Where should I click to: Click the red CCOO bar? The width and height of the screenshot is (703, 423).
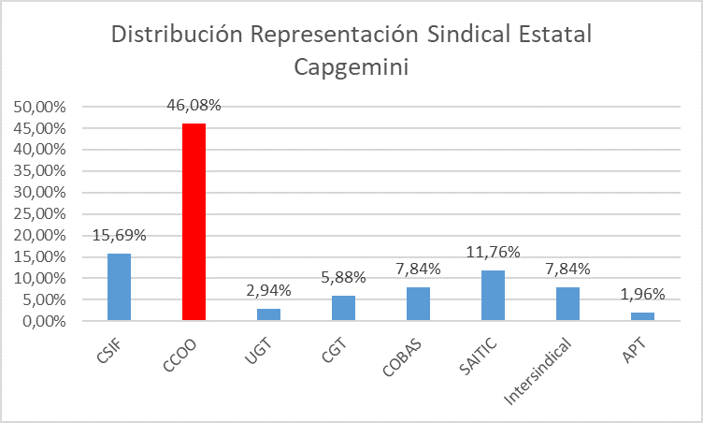coord(194,222)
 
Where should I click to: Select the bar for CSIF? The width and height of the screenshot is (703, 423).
coord(120,287)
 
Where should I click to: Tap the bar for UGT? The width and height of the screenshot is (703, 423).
coord(269,314)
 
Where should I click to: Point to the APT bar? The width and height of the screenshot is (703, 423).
coord(643,316)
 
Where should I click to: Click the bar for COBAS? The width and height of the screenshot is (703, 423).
coord(419,304)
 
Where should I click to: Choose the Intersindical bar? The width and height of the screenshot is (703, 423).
coord(568,304)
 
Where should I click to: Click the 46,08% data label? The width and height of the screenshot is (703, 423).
coord(194,106)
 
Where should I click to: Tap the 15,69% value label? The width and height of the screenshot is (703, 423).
coord(120,236)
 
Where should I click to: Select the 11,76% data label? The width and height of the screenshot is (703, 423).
coord(494,253)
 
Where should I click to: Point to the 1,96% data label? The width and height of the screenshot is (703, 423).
coord(643,295)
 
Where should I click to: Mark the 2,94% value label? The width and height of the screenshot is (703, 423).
coord(269,290)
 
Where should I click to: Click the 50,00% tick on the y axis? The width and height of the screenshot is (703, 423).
coord(39,107)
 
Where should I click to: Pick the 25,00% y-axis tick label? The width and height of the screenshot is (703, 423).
coord(39,214)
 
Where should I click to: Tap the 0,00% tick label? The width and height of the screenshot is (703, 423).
coord(43,322)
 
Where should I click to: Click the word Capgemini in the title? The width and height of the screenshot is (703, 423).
coord(351,67)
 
